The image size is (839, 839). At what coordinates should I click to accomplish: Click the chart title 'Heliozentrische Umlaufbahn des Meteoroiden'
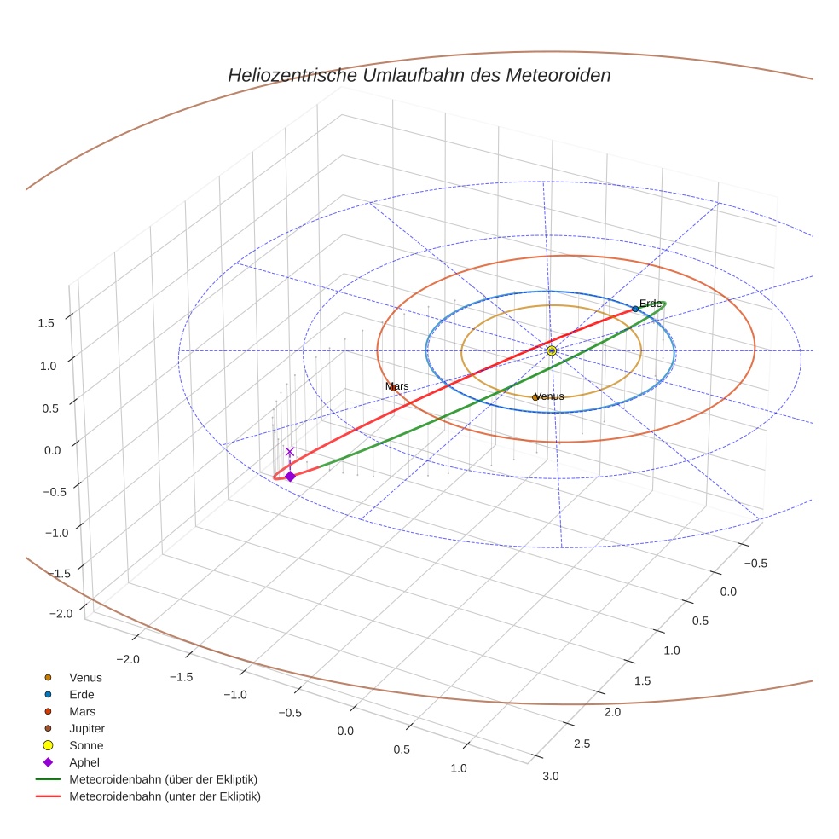click(419, 75)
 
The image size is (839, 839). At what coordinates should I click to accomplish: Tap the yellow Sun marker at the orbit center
click(552, 350)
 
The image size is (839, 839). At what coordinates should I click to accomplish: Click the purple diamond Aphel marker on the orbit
click(290, 476)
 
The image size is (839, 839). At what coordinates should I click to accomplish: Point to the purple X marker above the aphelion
click(290, 451)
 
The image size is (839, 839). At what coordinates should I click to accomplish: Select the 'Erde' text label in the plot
click(651, 304)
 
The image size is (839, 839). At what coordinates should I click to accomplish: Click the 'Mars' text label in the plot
click(396, 386)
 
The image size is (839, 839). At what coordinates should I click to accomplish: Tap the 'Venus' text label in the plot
click(548, 396)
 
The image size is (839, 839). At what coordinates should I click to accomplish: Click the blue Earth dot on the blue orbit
click(635, 309)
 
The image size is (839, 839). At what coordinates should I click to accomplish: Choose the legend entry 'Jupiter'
click(87, 728)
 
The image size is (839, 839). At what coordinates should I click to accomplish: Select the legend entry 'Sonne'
click(86, 745)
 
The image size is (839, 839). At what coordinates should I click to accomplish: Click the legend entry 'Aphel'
click(84, 762)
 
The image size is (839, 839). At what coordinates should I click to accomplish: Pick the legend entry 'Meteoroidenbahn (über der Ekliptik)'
click(163, 779)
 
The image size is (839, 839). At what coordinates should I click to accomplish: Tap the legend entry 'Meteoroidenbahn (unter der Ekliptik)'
click(165, 796)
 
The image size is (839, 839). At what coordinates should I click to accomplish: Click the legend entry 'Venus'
click(85, 677)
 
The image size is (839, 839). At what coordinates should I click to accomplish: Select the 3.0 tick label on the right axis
click(550, 775)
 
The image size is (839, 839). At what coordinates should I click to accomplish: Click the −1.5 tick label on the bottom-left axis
click(182, 676)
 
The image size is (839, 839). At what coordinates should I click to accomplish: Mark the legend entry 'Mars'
click(82, 711)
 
